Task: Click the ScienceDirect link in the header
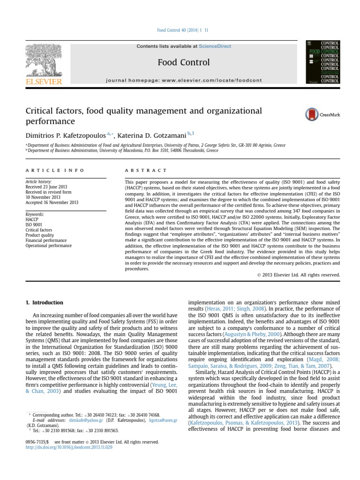click(215, 46)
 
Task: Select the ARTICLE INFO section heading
click(55, 170)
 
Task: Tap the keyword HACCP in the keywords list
click(32, 219)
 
